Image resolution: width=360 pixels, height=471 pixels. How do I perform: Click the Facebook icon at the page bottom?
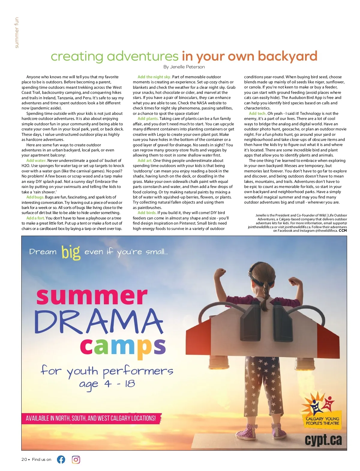[61, 459]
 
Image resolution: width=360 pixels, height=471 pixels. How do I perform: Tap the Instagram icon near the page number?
[76, 459]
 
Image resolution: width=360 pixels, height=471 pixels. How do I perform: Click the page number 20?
[24, 459]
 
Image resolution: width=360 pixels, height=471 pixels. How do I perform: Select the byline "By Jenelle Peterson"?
[184, 67]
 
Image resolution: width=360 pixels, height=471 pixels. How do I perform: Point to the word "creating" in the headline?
[77, 56]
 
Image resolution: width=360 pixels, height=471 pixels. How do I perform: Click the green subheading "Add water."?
[36, 160]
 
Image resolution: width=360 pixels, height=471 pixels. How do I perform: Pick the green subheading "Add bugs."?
[35, 197]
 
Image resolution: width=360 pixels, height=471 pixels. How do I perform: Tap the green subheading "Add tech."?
[258, 113]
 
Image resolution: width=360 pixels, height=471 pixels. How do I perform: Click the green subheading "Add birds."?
[147, 213]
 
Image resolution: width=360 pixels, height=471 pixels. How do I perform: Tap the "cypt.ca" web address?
[323, 440]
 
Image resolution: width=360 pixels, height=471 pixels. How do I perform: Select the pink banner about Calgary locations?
[91, 418]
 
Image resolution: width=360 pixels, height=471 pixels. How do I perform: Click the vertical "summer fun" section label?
[16, 32]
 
